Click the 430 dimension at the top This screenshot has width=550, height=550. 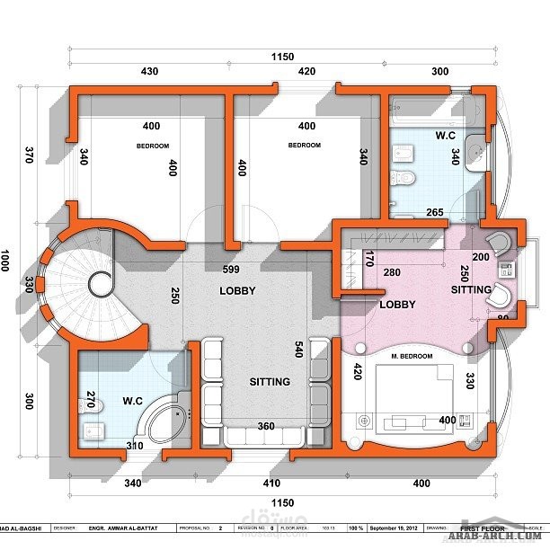tap(149, 71)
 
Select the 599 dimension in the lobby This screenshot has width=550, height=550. tap(230, 271)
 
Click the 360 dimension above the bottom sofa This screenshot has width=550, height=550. tap(267, 426)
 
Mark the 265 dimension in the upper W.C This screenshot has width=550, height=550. tap(435, 212)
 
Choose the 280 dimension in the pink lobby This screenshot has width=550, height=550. tap(391, 272)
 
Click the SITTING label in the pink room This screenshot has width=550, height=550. tap(471, 289)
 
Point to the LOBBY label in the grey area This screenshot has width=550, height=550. tap(237, 290)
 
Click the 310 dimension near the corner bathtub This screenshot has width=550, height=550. tap(136, 446)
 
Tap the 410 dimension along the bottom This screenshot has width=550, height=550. tap(271, 483)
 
